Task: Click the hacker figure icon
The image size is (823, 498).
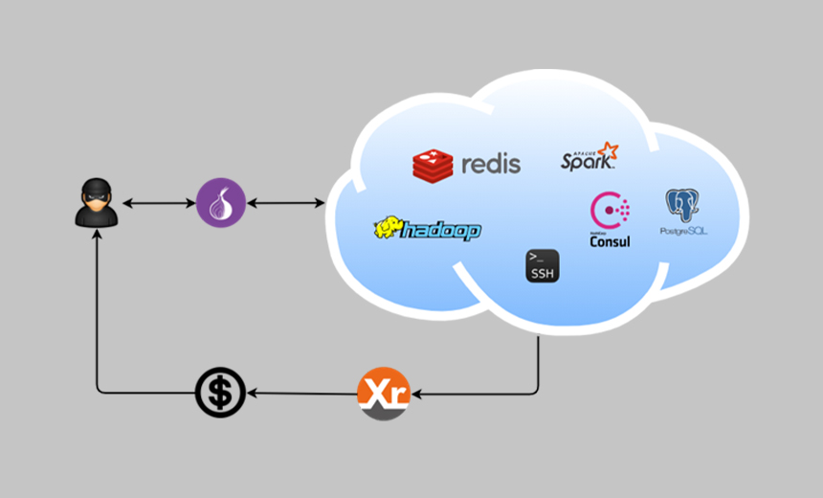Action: (x=97, y=203)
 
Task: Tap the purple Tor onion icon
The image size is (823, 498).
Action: (x=221, y=203)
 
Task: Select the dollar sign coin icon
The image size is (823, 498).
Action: (x=220, y=393)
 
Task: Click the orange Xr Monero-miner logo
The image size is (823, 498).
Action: (x=383, y=393)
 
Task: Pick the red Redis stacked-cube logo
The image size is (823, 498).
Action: (x=433, y=165)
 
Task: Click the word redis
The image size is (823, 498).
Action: (x=491, y=164)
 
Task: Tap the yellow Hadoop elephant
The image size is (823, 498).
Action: (x=388, y=228)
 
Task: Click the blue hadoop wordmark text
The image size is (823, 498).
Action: (x=441, y=231)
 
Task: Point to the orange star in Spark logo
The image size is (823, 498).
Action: (x=607, y=151)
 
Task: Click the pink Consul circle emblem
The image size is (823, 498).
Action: (x=610, y=210)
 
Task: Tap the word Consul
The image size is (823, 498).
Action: (x=610, y=241)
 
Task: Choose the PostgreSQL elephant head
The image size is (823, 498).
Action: (x=682, y=205)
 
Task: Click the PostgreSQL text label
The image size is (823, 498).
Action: (x=683, y=232)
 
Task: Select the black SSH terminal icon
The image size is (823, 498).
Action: (x=542, y=265)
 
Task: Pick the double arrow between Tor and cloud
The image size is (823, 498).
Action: (x=286, y=203)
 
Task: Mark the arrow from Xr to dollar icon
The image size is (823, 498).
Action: (x=301, y=393)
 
